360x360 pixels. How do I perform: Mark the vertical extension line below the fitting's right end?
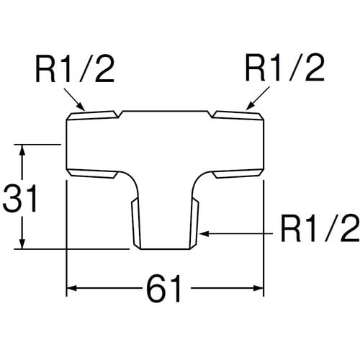266,238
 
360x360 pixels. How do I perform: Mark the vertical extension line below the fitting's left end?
67,238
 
